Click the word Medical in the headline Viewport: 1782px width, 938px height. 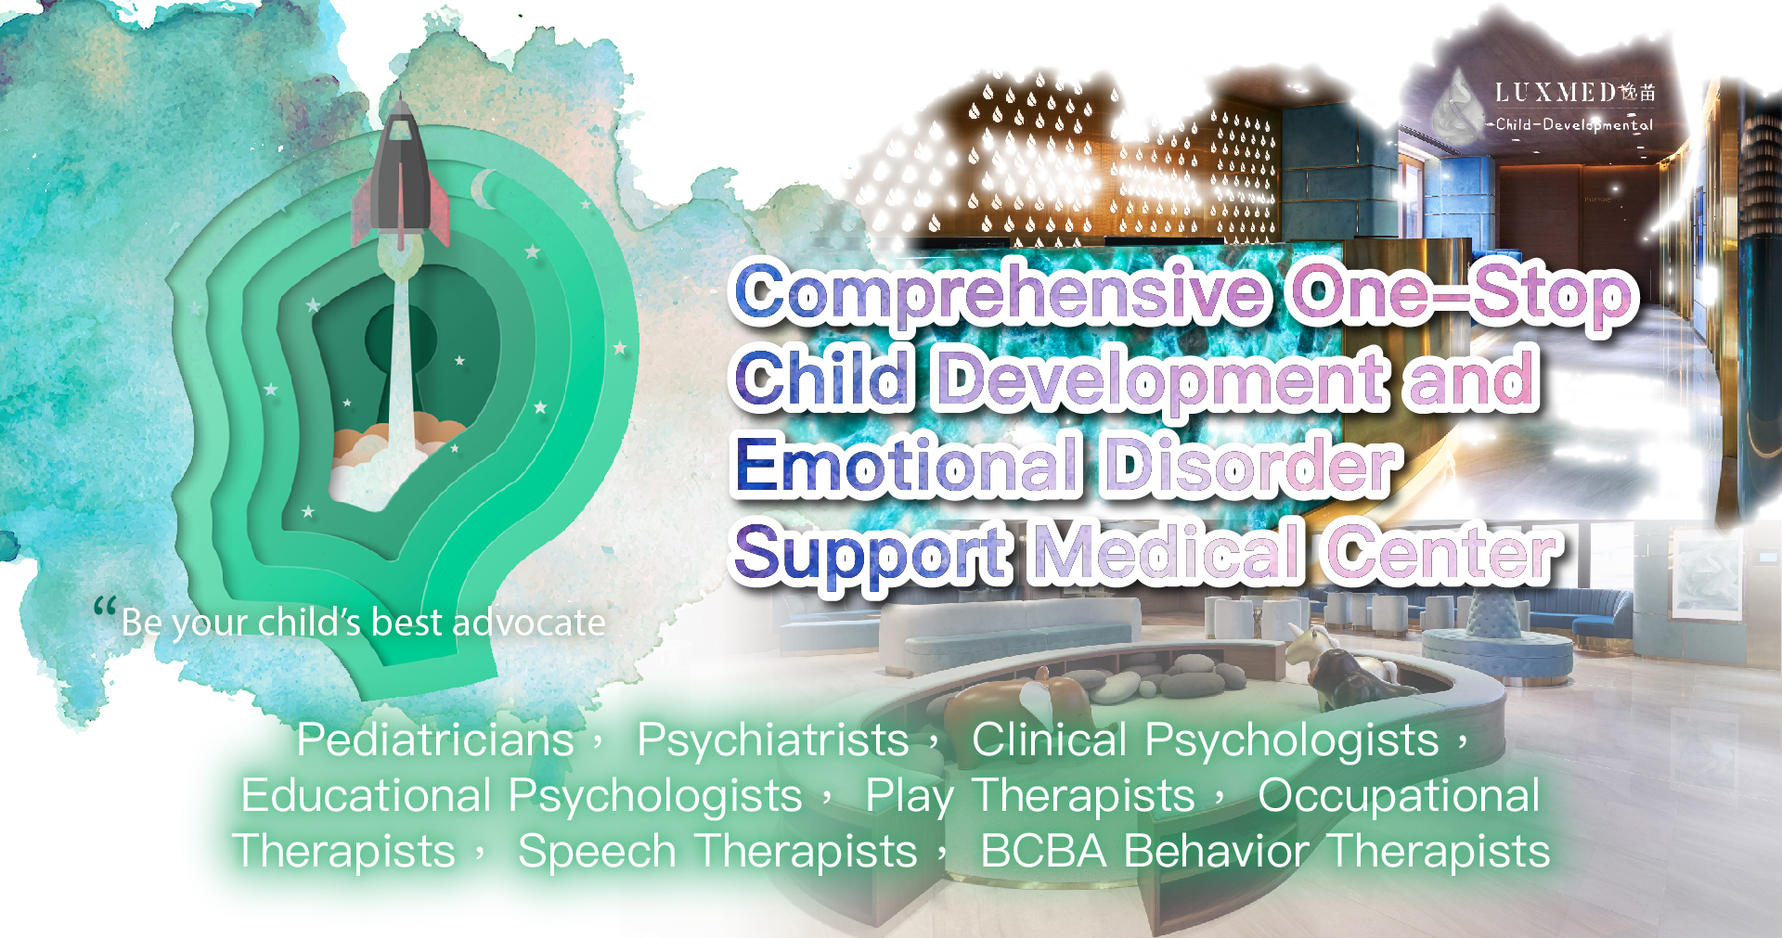point(1168,551)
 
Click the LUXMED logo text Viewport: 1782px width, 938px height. point(1575,92)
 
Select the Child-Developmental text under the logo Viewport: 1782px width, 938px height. point(1574,124)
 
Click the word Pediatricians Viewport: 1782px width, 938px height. point(435,739)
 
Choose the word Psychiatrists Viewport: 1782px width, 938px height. point(772,739)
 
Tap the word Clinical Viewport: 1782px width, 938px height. point(1049,739)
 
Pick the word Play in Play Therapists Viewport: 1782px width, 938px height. point(910,797)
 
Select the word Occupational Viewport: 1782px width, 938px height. point(1399,797)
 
